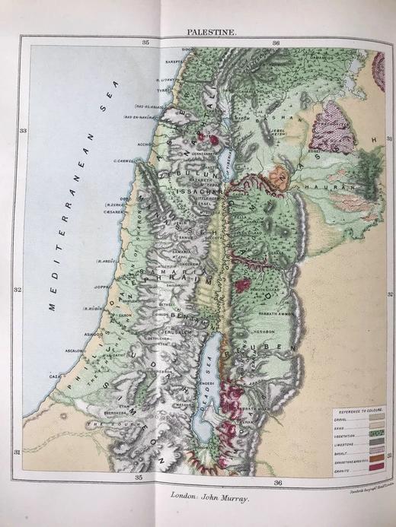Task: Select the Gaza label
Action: (x=56, y=376)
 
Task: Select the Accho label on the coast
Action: (x=143, y=141)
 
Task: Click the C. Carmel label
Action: (x=125, y=160)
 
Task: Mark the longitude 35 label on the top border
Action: (x=145, y=41)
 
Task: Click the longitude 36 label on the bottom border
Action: (x=278, y=482)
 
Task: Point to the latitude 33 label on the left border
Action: (x=23, y=131)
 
